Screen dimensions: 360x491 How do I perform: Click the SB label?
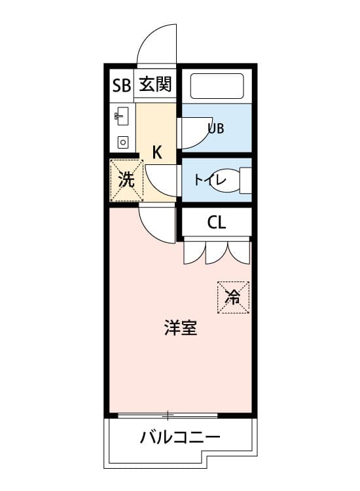click(x=122, y=85)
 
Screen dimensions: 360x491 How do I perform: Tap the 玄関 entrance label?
click(x=155, y=84)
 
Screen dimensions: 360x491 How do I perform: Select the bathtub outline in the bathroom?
click(x=217, y=86)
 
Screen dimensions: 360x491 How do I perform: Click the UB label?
click(x=216, y=128)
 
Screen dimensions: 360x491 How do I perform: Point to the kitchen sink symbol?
click(x=122, y=116)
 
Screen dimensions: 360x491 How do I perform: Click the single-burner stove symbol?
click(x=123, y=143)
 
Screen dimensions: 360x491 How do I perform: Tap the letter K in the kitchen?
click(x=157, y=153)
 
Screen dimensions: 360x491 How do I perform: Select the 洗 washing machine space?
click(x=126, y=181)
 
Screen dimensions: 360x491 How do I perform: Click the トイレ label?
click(x=209, y=180)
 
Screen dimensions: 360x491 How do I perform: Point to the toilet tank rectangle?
click(x=245, y=181)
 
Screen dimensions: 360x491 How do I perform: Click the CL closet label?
click(x=216, y=223)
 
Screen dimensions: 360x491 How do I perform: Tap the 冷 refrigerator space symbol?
click(x=233, y=297)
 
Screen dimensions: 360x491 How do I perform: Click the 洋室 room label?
click(x=181, y=328)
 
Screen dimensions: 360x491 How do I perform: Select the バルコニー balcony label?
click(x=180, y=437)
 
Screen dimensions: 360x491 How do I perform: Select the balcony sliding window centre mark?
click(x=168, y=416)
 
